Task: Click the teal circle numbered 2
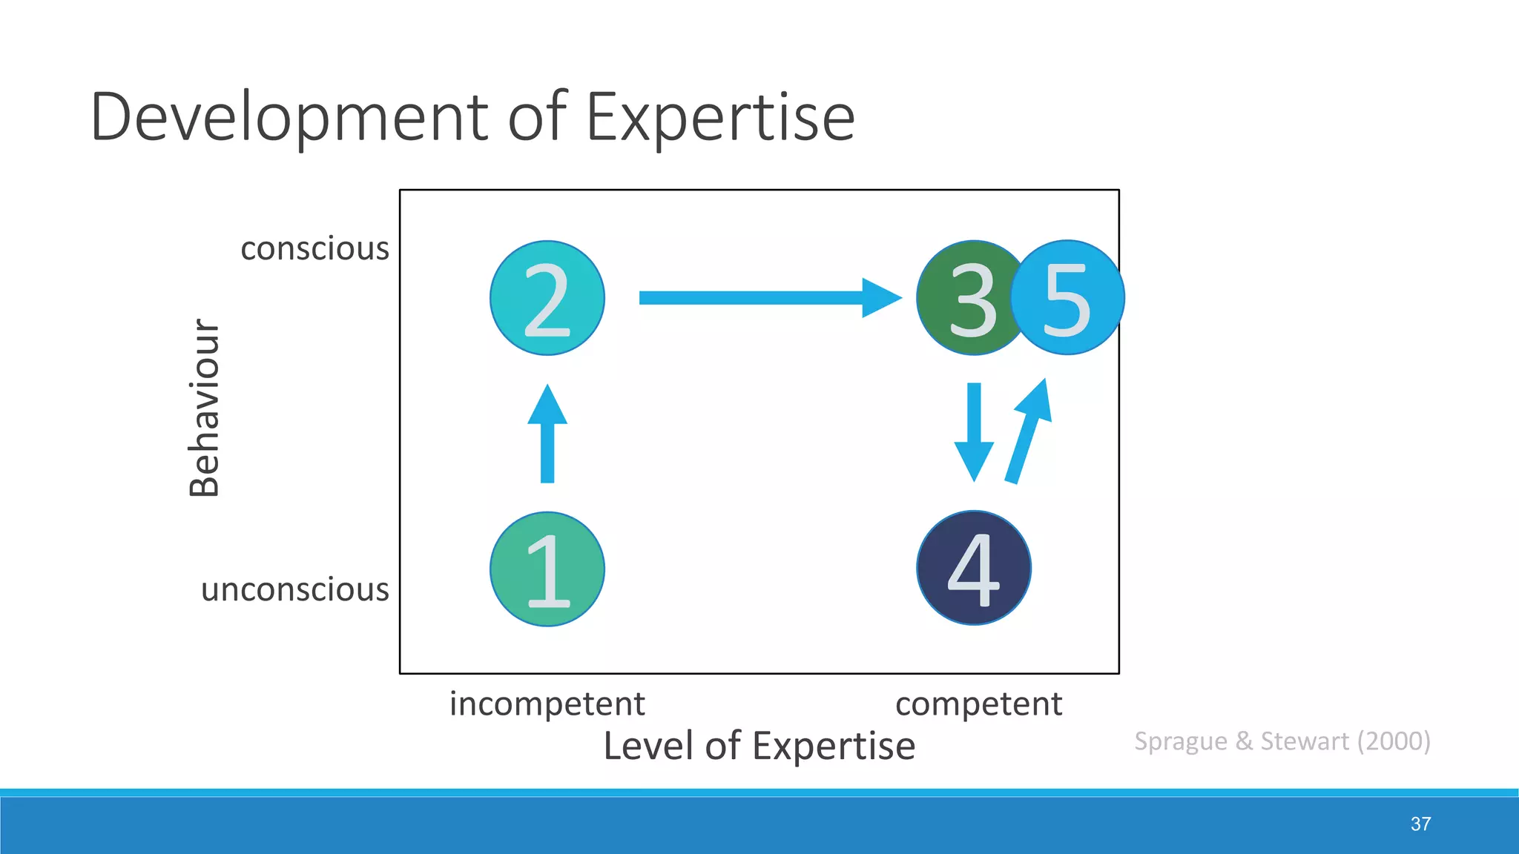click(547, 298)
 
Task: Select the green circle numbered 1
click(547, 569)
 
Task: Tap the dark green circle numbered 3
click(964, 298)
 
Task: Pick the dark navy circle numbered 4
click(973, 568)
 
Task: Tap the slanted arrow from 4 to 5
click(1028, 434)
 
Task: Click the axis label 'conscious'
click(314, 248)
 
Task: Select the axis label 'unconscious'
click(294, 589)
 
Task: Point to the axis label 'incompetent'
click(547, 704)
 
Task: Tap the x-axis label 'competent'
click(978, 704)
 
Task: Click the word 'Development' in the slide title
click(289, 117)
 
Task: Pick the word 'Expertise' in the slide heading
click(720, 117)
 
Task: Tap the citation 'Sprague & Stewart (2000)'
click(1282, 741)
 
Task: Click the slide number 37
click(1420, 824)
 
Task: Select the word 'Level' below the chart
click(650, 746)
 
